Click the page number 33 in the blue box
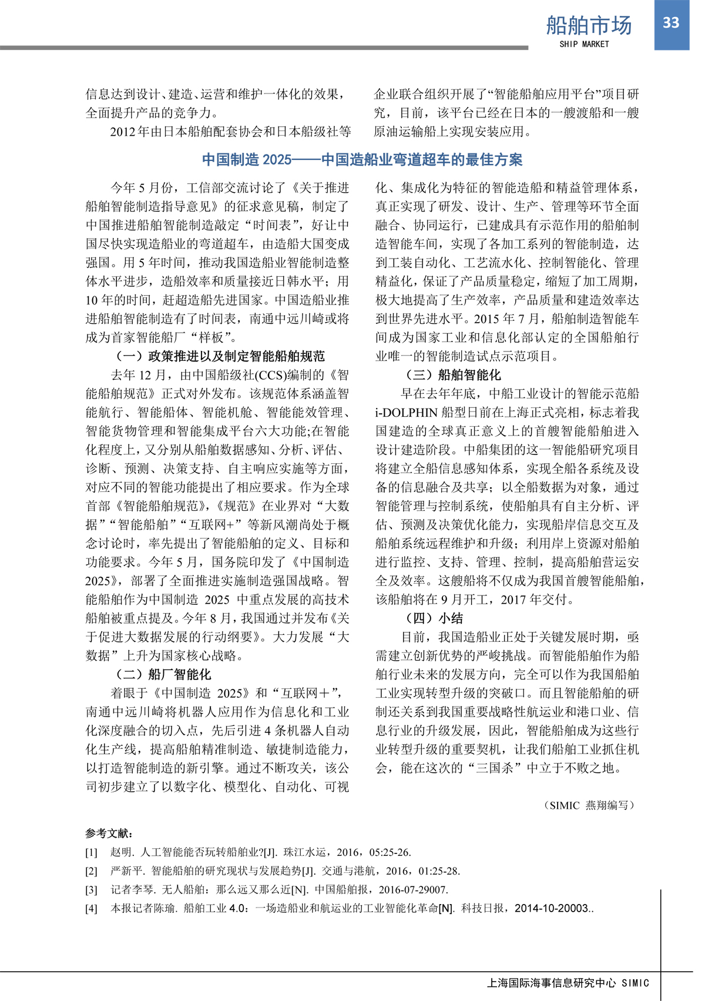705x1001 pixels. pyautogui.click(x=671, y=23)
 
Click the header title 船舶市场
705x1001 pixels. pyautogui.click(x=589, y=25)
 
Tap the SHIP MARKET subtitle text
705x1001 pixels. pyautogui.click(x=584, y=44)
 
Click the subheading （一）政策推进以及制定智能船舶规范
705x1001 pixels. pyautogui.click(x=217, y=356)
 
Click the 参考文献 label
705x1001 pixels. pyautogui.click(x=109, y=833)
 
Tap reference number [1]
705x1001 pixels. pyautogui.click(x=91, y=852)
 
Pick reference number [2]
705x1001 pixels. pyautogui.click(x=91, y=871)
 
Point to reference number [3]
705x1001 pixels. pyautogui.click(x=91, y=890)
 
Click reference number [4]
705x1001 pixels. pyautogui.click(x=91, y=909)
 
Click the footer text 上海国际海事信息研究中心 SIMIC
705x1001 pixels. pyautogui.click(x=568, y=983)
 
